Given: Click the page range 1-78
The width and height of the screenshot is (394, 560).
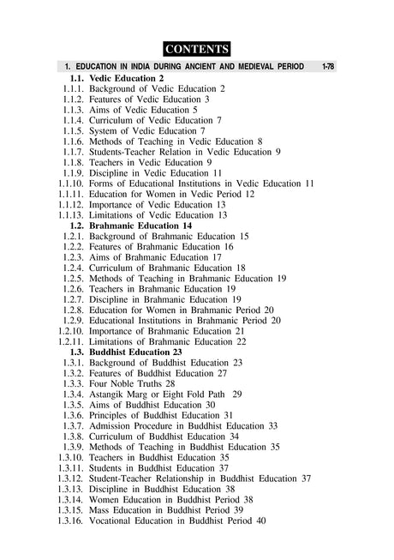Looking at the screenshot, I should point(325,67).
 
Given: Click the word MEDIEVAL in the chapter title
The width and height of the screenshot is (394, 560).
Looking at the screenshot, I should point(254,67).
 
